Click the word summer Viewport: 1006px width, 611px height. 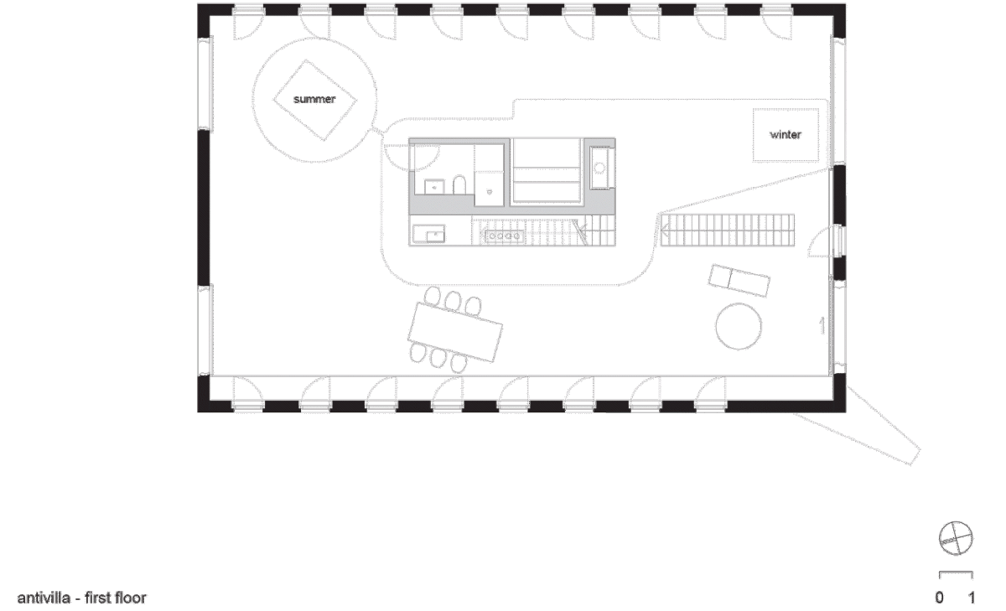(314, 99)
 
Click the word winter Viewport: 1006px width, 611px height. (786, 135)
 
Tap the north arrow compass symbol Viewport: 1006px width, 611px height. (955, 538)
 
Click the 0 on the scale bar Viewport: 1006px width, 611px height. (939, 598)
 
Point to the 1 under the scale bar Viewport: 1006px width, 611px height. (971, 598)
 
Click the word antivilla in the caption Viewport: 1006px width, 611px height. (44, 598)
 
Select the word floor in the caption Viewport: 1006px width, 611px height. (131, 598)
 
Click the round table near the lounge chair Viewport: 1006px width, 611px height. (739, 326)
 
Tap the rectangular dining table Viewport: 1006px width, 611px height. (455, 332)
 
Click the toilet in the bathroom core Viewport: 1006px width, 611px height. (459, 185)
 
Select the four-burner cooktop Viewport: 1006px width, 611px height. (503, 236)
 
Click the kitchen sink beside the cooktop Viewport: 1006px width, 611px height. (429, 234)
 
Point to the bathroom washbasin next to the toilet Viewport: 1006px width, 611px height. (434, 186)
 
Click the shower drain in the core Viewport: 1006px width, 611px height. (489, 192)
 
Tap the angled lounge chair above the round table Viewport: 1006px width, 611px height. (739, 281)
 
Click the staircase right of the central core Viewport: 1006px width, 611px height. (727, 230)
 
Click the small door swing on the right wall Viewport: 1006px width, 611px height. (820, 242)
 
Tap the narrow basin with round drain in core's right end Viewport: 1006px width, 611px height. (599, 168)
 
